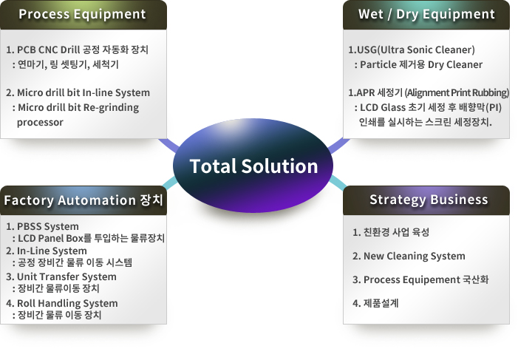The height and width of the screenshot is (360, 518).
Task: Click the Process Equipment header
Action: coord(82,14)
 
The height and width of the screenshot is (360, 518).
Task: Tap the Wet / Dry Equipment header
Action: coord(426,14)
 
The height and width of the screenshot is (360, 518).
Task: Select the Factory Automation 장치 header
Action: coord(84,200)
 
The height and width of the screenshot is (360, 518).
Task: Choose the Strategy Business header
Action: coord(429,200)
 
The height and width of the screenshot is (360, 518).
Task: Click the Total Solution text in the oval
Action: coord(253,166)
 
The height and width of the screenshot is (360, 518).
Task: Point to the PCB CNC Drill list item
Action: coord(78,50)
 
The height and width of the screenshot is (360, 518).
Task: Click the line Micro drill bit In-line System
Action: coord(78,92)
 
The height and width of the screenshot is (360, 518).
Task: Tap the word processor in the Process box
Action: coord(40,122)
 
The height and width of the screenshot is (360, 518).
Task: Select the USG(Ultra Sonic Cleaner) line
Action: coord(412,50)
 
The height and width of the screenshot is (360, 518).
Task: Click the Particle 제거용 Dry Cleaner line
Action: coord(418,64)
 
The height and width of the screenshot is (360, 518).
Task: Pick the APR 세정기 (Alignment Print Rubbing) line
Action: coord(429,92)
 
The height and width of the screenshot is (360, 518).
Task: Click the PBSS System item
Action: coord(42,226)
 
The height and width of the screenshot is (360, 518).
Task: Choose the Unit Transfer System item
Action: coord(61,276)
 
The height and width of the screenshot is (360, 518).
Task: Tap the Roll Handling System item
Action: coord(62,303)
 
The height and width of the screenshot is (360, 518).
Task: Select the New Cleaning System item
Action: coord(409,256)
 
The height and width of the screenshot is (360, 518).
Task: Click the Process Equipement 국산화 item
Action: coord(420,279)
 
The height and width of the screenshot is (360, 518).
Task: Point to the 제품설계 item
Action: coord(375,303)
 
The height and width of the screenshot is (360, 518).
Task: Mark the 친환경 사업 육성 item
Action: coord(391,232)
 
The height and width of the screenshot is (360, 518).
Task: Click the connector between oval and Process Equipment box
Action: coord(169,146)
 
